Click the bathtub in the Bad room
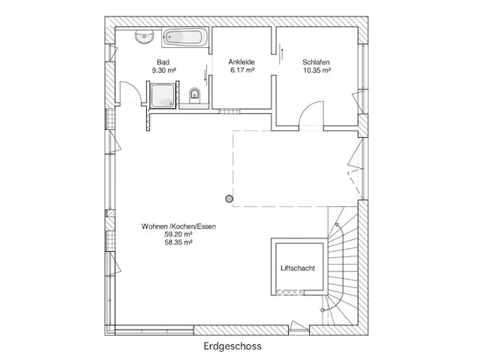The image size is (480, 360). (185, 38)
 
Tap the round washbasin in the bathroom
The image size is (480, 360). (144, 37)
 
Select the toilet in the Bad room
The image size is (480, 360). (194, 95)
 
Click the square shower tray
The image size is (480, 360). (163, 96)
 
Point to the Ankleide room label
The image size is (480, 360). (241, 62)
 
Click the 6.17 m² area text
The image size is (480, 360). (242, 70)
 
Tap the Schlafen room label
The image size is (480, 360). (316, 62)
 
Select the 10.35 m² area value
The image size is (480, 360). (316, 70)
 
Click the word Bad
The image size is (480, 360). (163, 62)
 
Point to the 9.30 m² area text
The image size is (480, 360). (163, 70)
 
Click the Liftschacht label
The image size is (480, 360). (298, 268)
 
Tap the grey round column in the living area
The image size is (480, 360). (229, 199)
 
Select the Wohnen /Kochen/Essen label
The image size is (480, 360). (178, 226)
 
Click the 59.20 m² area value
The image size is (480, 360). (178, 235)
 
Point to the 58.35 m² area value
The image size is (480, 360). (178, 242)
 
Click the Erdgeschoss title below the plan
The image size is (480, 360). (232, 346)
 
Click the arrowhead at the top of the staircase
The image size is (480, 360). (337, 224)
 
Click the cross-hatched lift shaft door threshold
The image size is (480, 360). (289, 292)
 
